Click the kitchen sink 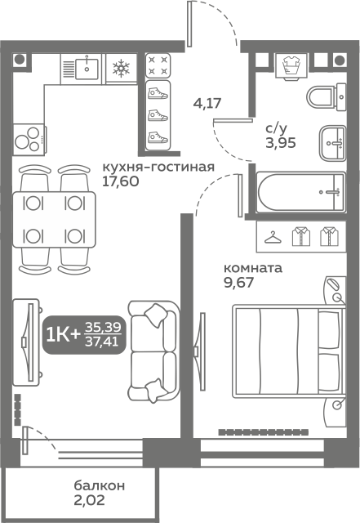87,69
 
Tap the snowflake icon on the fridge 121,68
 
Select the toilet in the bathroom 326,97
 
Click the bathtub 300,191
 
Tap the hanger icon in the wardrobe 273,237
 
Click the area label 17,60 120,181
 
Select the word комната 253,268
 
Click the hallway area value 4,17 207,103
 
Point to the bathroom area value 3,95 281,143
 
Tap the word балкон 100,485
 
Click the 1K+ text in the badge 64,334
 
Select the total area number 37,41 102,342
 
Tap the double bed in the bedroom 289,351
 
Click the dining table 54,220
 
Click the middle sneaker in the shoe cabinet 158,115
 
